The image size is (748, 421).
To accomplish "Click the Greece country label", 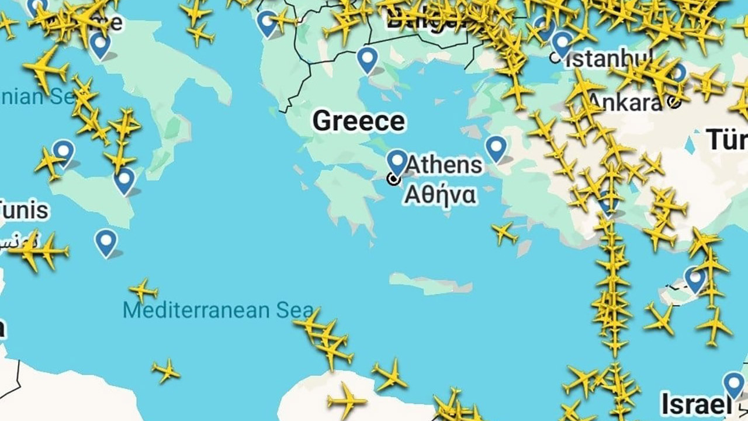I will coord(358,121).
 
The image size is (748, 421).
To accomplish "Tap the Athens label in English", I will coord(444,165).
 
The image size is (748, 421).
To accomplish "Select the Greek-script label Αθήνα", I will coord(439,195).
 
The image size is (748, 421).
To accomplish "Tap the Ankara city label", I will coord(625,102).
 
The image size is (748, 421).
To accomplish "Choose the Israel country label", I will coord(695,403).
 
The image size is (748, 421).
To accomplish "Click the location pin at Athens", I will coord(397,160).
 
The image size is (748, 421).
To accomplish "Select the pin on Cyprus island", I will coord(695,278).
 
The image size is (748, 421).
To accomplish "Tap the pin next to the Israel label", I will coord(733,384).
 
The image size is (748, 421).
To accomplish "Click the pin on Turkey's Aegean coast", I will coord(496,147).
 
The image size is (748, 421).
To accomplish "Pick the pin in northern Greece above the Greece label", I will coord(368,58).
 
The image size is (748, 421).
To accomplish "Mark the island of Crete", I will coord(430,284).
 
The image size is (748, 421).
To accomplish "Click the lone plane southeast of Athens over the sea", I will coord(504,233).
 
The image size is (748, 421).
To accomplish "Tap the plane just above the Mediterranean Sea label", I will coord(143,290).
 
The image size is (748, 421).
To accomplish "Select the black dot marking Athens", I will coord(394,179).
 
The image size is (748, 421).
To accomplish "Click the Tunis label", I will coord(23,210).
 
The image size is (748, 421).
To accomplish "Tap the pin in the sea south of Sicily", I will coord(106,241).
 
